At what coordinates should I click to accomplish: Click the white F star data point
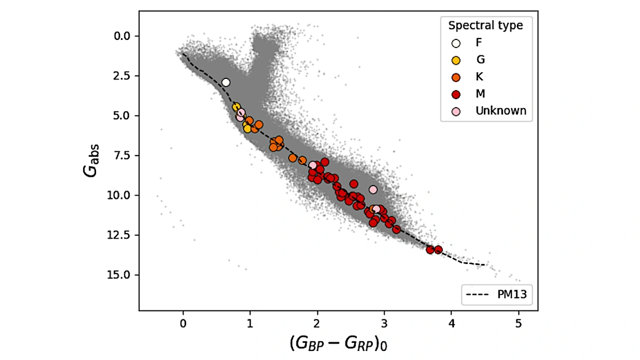click(x=226, y=82)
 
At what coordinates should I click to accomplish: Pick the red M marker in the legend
click(x=456, y=94)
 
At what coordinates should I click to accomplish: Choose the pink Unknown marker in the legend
click(x=456, y=111)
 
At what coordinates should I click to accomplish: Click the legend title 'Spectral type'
click(x=485, y=26)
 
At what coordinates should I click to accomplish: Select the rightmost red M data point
click(x=438, y=250)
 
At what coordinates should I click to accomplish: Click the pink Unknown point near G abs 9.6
click(x=373, y=189)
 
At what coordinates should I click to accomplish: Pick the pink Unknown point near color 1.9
click(x=313, y=165)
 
